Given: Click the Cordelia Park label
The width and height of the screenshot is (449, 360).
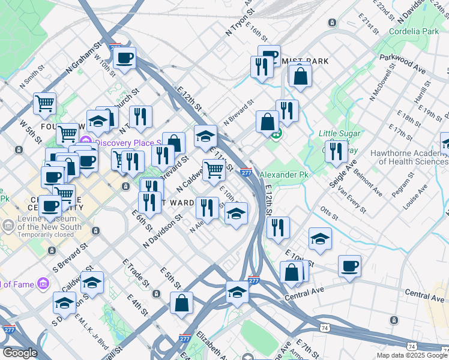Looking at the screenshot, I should (x=414, y=31).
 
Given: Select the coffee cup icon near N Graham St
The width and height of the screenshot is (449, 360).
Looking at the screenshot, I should (x=125, y=58).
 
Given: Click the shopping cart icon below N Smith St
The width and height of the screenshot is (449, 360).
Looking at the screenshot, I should (x=44, y=104).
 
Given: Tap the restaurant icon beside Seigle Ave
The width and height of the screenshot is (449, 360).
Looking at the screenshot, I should (x=336, y=151).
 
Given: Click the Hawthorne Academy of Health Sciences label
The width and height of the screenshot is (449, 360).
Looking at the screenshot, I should (x=409, y=157).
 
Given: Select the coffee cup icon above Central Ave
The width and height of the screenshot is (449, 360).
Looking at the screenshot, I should (x=349, y=266).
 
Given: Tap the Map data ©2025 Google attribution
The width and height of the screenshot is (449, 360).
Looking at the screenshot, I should (x=411, y=355).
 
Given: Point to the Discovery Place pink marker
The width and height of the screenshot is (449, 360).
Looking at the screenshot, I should (x=85, y=143).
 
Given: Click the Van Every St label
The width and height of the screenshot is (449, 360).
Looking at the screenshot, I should (x=352, y=200).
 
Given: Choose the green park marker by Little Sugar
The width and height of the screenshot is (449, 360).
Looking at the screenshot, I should (x=277, y=134).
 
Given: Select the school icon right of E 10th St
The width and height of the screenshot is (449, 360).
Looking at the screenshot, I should (x=320, y=239).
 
